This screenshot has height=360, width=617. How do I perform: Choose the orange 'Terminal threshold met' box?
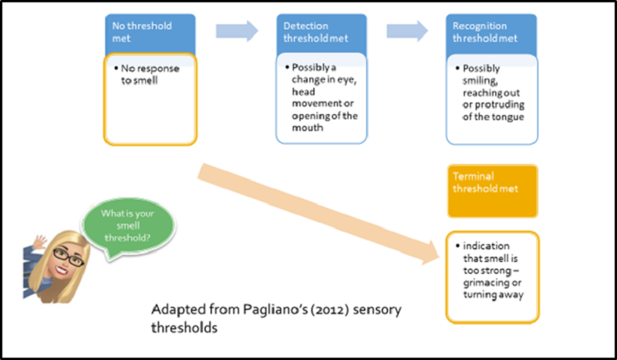(x=492, y=191)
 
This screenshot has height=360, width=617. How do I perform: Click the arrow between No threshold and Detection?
(x=237, y=31)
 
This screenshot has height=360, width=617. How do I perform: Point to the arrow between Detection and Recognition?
(x=407, y=31)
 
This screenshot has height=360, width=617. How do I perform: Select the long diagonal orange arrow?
(x=319, y=214)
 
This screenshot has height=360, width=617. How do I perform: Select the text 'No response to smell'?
(x=150, y=74)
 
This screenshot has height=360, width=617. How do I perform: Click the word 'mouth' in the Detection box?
(x=307, y=128)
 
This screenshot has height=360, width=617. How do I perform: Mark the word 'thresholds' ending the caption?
(x=184, y=328)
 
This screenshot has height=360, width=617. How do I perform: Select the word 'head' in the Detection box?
(x=303, y=92)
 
